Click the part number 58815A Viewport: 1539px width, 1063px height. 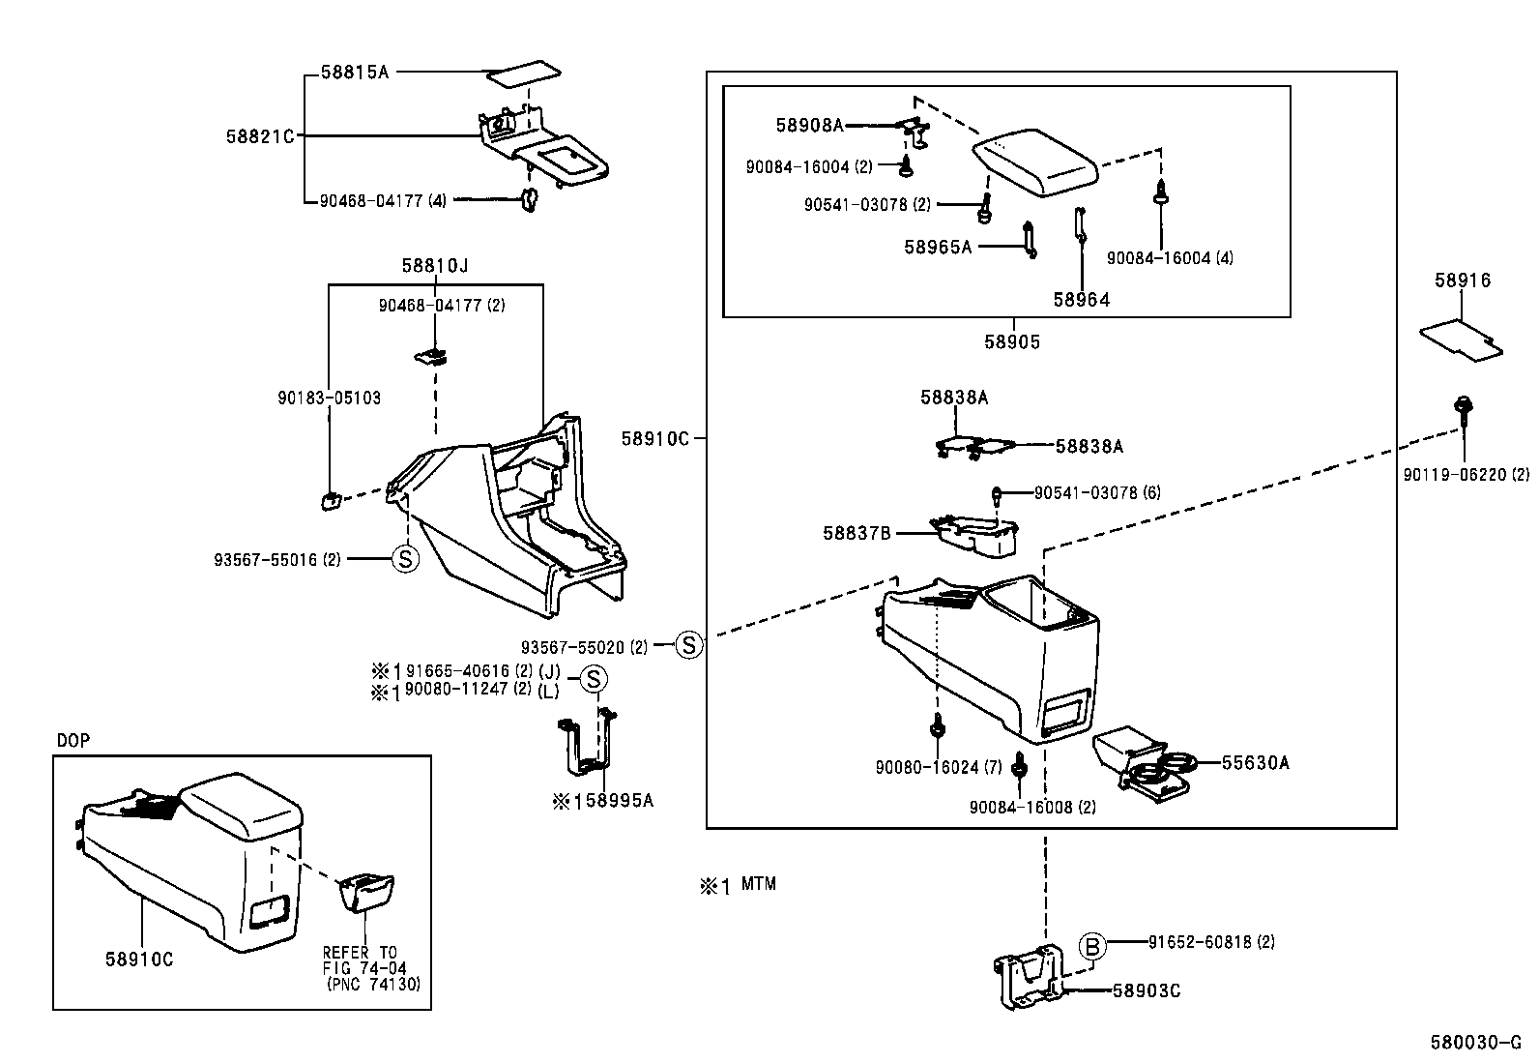354,73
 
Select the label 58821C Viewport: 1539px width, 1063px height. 259,136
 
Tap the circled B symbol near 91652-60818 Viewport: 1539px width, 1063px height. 1090,946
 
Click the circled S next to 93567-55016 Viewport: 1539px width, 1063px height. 405,559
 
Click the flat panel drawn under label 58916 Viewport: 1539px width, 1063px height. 1461,340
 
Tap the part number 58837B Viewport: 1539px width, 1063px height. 857,533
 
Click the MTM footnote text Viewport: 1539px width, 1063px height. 758,884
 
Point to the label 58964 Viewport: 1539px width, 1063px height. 1081,300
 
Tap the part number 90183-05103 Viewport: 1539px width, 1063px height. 330,398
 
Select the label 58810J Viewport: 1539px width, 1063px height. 435,265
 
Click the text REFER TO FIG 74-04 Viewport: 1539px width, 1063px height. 362,960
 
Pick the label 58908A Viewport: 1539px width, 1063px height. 810,125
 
